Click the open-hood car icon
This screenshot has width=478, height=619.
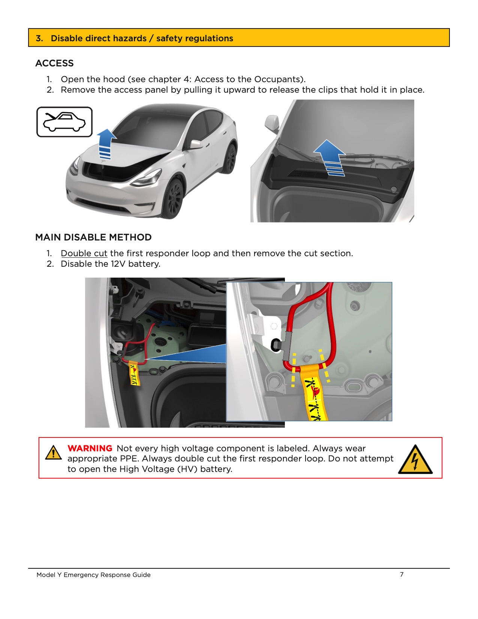click(x=64, y=122)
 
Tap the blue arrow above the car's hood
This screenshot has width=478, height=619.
click(x=106, y=143)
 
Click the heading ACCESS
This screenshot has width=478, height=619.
click(x=54, y=63)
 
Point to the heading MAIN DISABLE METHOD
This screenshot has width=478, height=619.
click(x=93, y=237)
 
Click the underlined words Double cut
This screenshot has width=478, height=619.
click(x=84, y=253)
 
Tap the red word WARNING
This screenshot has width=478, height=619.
click(x=90, y=448)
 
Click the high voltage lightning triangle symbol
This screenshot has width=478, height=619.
click(x=415, y=460)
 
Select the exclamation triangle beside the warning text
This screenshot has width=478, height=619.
click(x=53, y=452)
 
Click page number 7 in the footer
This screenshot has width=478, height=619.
click(x=402, y=574)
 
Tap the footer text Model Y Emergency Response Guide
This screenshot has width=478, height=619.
click(x=93, y=575)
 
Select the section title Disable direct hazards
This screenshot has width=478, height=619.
click(x=99, y=38)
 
